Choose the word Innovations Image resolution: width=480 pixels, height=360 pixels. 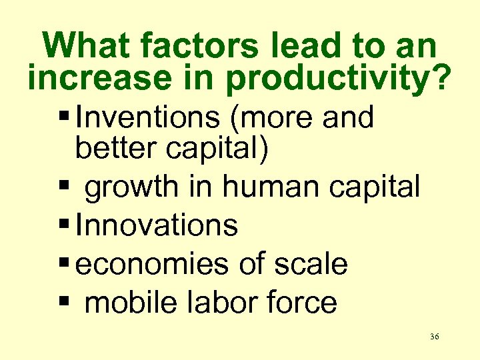[x=157, y=225]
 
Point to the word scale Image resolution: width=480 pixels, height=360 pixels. [x=311, y=264]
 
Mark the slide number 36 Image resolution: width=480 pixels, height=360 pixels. [x=434, y=337]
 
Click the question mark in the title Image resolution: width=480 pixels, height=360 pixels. [x=440, y=79]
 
